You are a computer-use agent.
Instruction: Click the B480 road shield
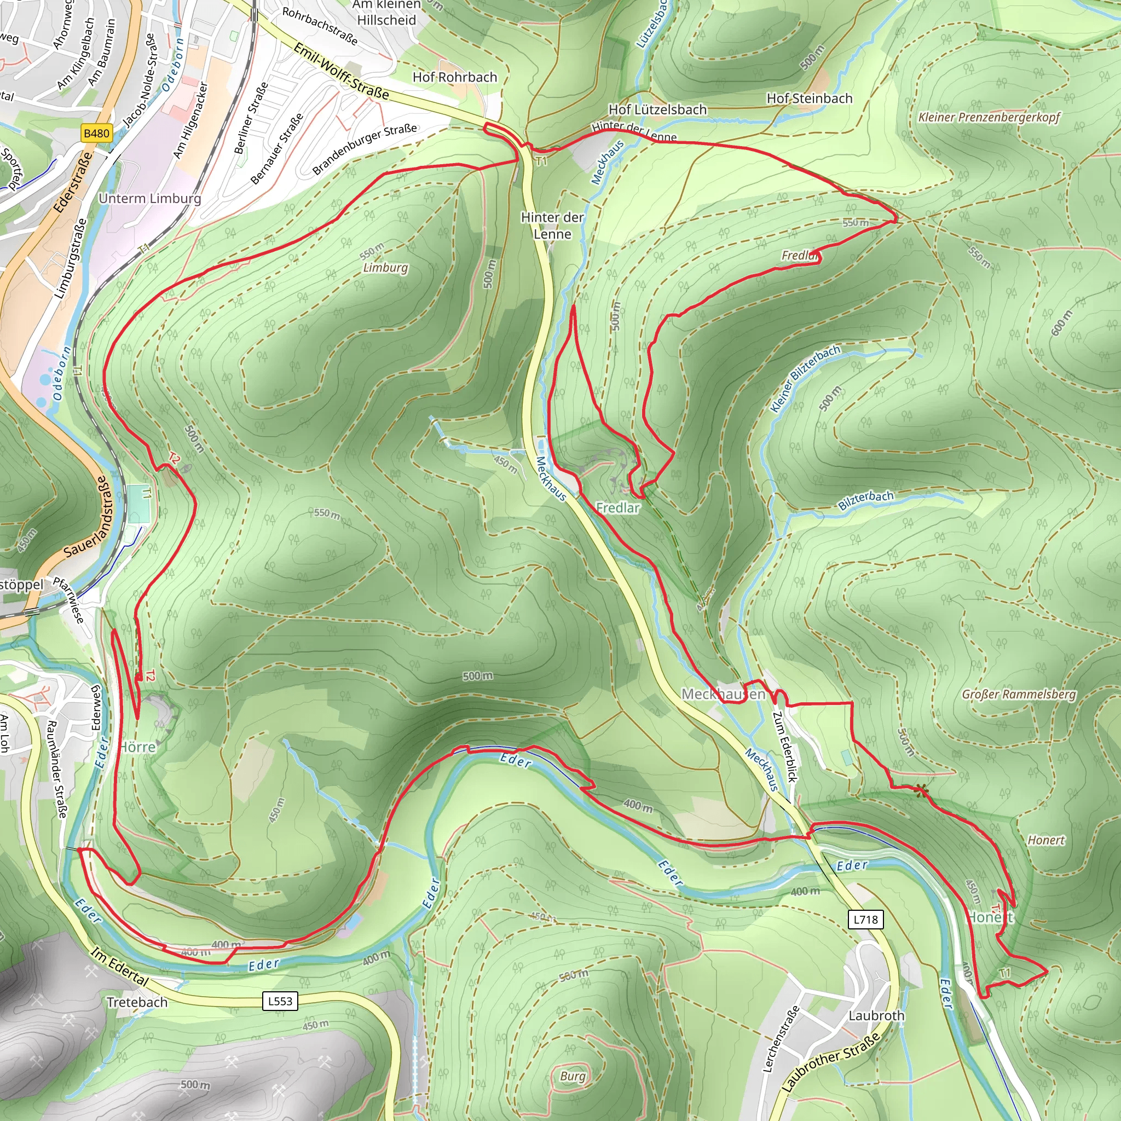96,134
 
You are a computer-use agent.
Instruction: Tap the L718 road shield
866,919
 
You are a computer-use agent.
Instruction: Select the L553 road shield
280,1001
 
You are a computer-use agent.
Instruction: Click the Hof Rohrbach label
455,77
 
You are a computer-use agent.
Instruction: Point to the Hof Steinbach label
810,99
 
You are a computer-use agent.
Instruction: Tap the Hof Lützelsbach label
657,109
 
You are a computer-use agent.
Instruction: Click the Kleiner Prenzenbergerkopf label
989,117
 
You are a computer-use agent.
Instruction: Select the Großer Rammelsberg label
1018,694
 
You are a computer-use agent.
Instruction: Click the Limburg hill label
385,268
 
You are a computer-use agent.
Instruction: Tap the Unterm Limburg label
149,199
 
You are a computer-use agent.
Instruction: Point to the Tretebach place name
137,1002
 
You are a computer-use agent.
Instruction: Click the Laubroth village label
876,1015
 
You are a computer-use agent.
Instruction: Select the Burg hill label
573,1076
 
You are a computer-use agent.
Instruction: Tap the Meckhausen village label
723,694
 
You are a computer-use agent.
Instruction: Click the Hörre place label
137,747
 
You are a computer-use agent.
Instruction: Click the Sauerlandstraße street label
86,518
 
